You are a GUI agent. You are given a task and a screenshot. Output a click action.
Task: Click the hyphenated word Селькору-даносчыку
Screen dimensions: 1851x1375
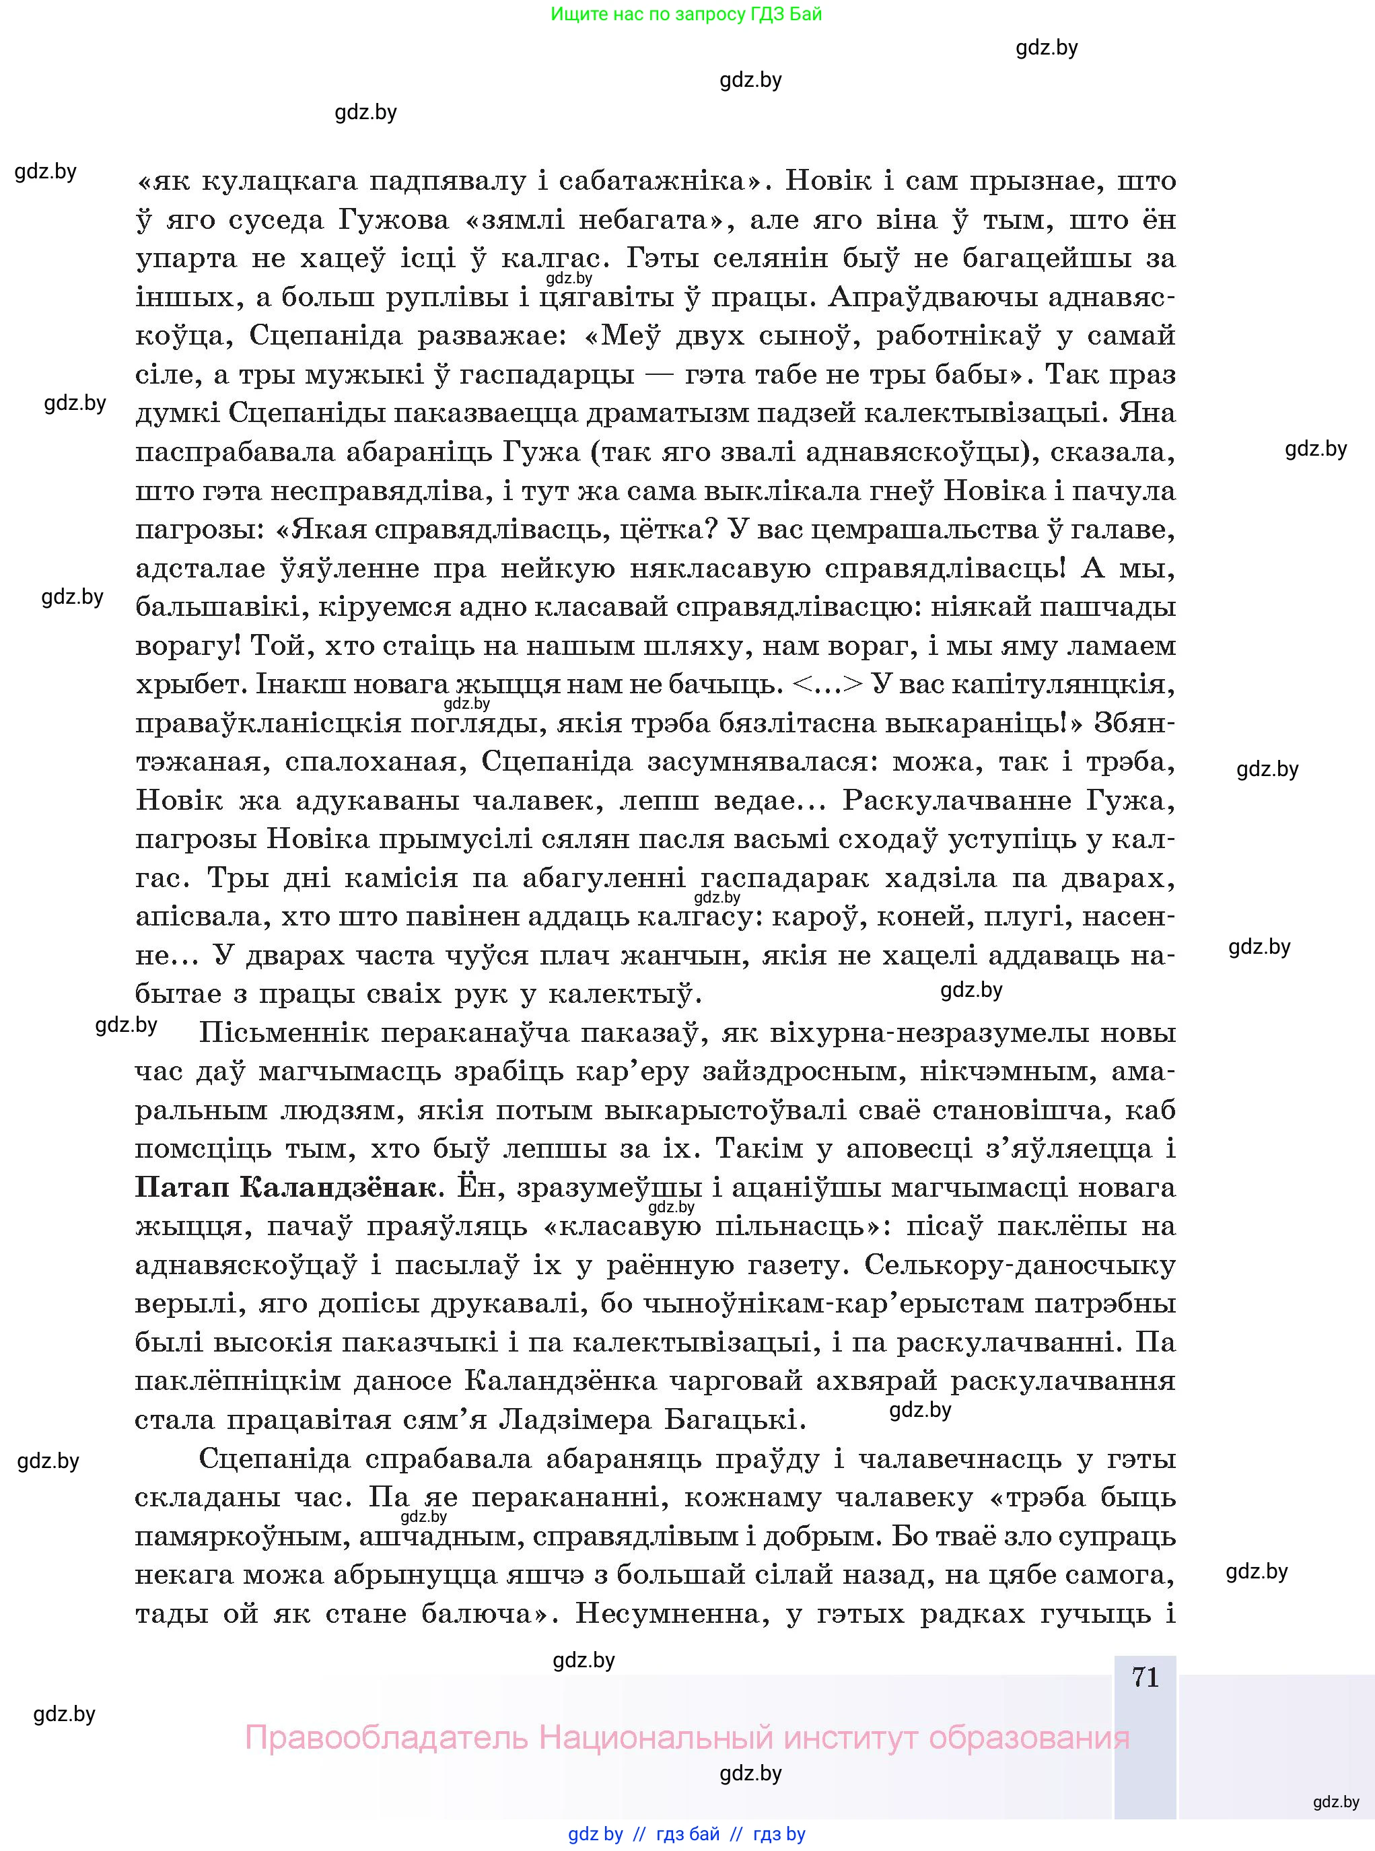[x=1020, y=1264]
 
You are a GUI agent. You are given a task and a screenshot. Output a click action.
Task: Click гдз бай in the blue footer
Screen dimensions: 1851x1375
[x=688, y=1833]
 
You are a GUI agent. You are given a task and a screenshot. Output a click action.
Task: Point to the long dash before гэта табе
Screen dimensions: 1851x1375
[x=661, y=374]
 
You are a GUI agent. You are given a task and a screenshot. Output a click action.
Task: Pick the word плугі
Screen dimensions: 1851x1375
[x=1027, y=916]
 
